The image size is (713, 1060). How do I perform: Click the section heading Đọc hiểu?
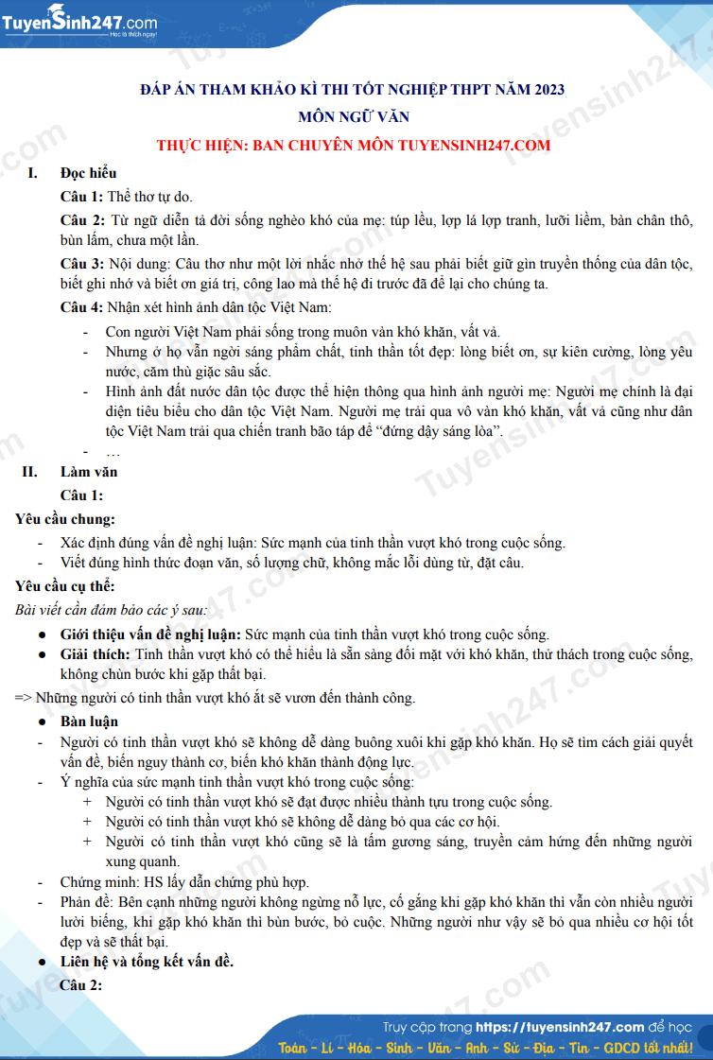(88, 173)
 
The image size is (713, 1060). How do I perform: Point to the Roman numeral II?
(30, 471)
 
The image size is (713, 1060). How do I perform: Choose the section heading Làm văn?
(89, 471)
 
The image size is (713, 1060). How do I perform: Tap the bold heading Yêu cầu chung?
(64, 518)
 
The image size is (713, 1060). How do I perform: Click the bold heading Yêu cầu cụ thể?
(64, 586)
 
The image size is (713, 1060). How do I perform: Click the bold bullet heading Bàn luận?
(89, 721)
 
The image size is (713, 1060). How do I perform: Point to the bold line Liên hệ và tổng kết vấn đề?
(147, 962)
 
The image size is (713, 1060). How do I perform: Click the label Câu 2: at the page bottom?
(81, 985)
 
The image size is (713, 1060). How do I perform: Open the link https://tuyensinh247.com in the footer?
(560, 1027)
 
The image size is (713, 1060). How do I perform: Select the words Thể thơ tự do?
(150, 197)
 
